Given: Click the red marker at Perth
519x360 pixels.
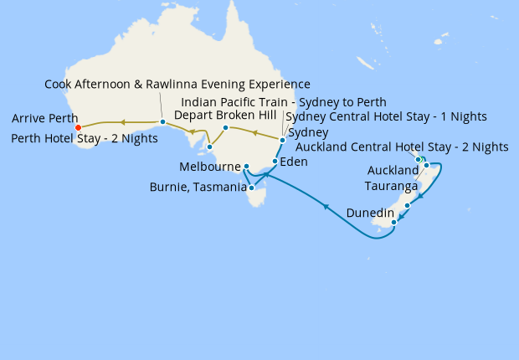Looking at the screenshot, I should coord(78,128).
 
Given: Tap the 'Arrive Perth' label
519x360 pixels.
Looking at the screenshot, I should coord(46,118).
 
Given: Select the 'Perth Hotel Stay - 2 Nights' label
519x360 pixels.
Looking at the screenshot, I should coord(85,138).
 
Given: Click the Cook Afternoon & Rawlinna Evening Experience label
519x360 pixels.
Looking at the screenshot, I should coord(177,85).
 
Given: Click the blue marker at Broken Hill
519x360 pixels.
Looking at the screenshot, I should coord(225,127).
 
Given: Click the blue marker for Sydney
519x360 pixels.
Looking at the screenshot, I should coord(283,140).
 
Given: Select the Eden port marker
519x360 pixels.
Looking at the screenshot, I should coord(275,161).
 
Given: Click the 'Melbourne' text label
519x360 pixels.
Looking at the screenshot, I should coord(210,167).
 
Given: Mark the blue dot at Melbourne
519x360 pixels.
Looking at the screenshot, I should coord(246,167).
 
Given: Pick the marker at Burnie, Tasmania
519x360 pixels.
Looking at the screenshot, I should coord(251,188).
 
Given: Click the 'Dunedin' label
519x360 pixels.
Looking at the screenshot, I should coord(370,213).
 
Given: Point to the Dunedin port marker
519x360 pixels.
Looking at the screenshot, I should coord(393,222).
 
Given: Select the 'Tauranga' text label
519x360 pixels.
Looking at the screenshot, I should coord(391,186).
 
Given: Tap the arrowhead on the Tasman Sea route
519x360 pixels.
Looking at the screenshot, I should coord(324,206).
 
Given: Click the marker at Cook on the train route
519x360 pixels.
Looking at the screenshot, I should coord(162,122).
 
